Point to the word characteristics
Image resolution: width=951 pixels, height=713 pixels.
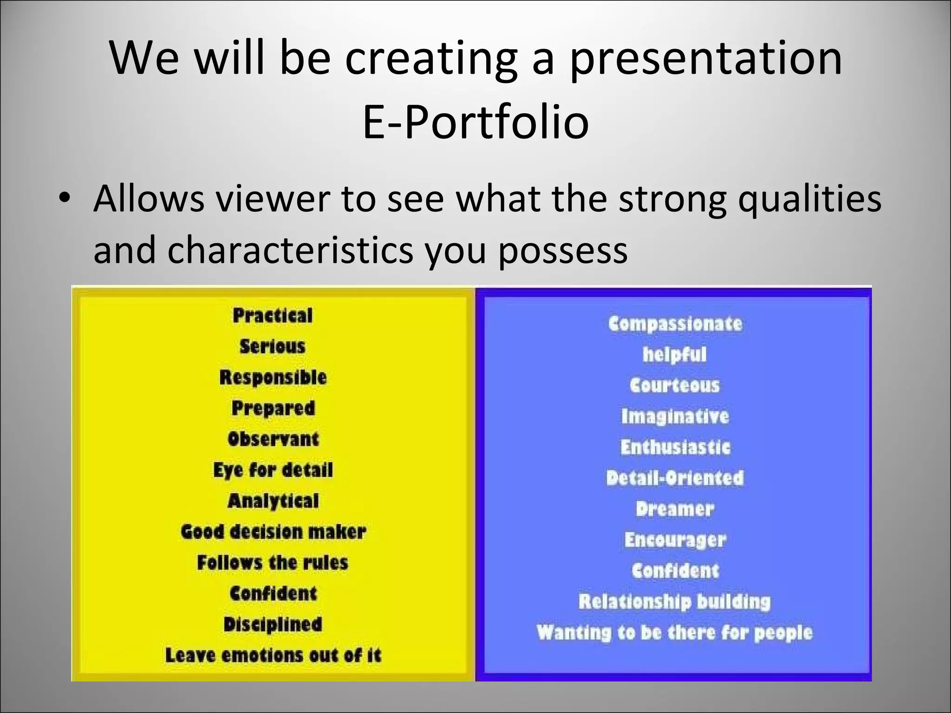pos(290,250)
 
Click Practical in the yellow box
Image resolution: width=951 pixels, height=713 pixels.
pos(273,316)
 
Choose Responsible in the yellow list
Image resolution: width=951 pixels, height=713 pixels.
pos(273,377)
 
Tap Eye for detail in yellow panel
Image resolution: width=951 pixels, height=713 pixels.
pos(273,470)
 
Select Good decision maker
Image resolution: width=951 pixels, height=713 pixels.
pos(273,532)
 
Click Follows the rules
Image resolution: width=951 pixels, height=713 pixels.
pos(273,563)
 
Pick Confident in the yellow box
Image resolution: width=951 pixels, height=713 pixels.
pos(273,593)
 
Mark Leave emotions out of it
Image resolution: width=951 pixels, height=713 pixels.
pos(273,655)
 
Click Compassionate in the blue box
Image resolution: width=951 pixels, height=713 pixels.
pos(675,324)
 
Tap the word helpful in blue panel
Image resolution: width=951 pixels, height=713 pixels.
pos(675,355)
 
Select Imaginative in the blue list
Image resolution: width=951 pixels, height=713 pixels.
pos(675,416)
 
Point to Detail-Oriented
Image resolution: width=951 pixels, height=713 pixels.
pos(675,478)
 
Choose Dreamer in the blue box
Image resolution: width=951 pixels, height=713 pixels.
pos(675,509)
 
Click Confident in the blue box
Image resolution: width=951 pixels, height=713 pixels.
pos(675,570)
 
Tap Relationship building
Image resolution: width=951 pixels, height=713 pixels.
pos(675,602)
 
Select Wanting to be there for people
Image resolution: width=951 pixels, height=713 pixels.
pos(675,632)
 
